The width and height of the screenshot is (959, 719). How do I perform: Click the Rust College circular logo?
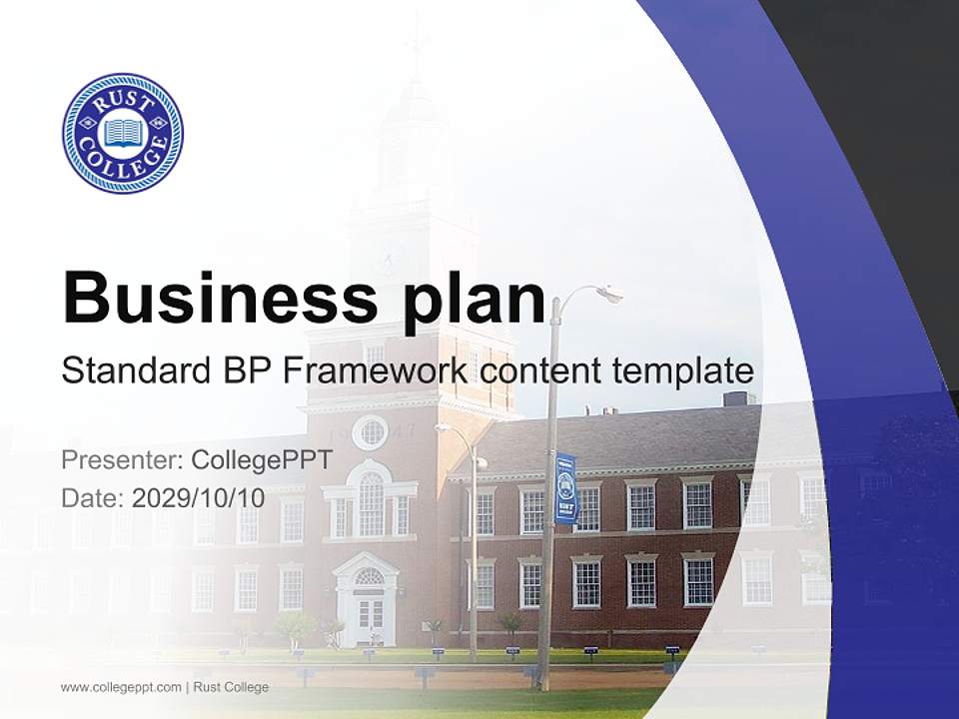pos(123,133)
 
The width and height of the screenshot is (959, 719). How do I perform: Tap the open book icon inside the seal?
pos(123,132)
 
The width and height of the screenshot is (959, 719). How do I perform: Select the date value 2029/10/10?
pos(198,497)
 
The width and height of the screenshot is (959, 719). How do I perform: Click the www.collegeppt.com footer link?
pos(121,687)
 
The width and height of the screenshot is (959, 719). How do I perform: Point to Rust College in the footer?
pos(231,687)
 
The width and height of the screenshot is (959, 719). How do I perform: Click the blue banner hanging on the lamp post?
pos(565,488)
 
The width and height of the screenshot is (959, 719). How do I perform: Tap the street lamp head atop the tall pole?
pos(605,293)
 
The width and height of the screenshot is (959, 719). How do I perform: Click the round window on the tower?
pos(371,432)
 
